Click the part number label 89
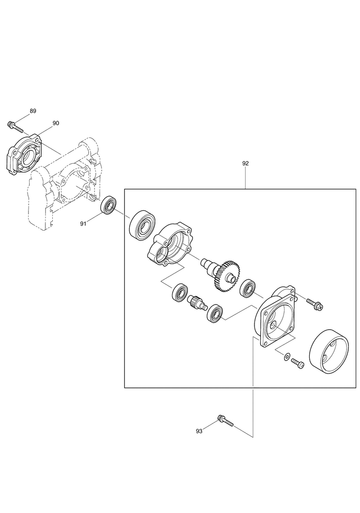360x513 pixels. pyautogui.click(x=33, y=111)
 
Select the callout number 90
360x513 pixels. pyautogui.click(x=56, y=123)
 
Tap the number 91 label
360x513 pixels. pyautogui.click(x=83, y=223)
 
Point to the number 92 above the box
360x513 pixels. pyautogui.click(x=246, y=163)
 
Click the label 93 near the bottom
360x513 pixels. pyautogui.click(x=199, y=431)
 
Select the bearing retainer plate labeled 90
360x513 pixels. pyautogui.click(x=25, y=154)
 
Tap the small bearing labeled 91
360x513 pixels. pyautogui.click(x=108, y=205)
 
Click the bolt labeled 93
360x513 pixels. pyautogui.click(x=225, y=420)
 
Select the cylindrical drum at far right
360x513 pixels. pyautogui.click(x=329, y=350)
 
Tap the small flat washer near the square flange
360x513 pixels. pyautogui.click(x=287, y=356)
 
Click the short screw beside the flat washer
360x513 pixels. pyautogui.click(x=297, y=363)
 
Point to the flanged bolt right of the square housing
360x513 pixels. pyautogui.click(x=315, y=304)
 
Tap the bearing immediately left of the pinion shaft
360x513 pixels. pyautogui.click(x=180, y=293)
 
